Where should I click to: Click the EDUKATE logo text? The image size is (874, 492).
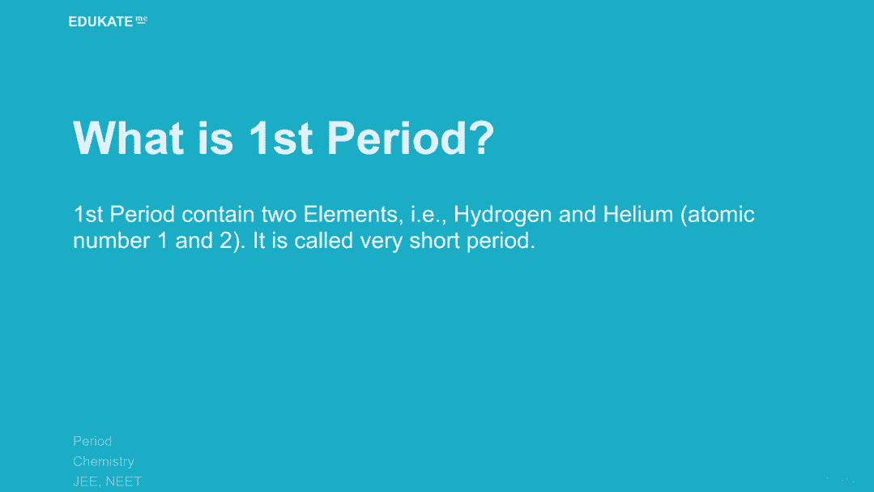point(101,22)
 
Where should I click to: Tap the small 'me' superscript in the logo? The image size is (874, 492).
point(142,19)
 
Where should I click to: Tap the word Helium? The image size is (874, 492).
point(638,214)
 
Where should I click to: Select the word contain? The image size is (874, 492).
point(218,214)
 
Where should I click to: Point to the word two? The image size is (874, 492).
point(279,215)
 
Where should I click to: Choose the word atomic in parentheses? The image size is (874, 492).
point(721,215)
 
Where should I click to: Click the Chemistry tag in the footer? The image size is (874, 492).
point(104,462)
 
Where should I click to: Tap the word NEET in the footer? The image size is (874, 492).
point(124,481)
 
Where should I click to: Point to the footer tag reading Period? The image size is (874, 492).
point(92,441)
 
